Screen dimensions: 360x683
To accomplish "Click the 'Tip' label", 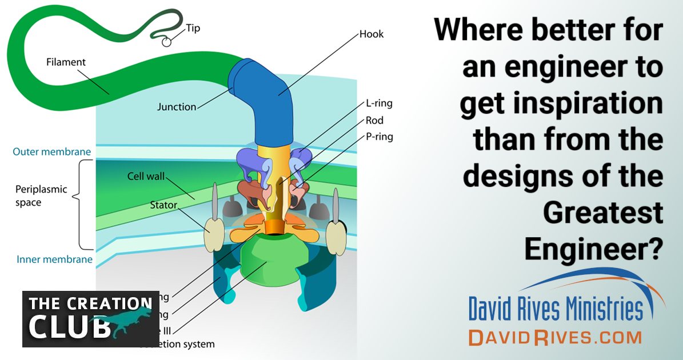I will [x=193, y=28].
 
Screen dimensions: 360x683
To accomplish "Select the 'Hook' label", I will [x=372, y=34].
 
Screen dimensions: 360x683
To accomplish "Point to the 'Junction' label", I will [x=177, y=106].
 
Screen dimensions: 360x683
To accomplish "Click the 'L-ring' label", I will [x=379, y=104].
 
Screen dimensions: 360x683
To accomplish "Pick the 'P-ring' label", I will [x=380, y=137].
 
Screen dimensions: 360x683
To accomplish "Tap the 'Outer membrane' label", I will [x=51, y=152].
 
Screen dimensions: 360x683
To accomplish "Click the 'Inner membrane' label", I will [x=54, y=259].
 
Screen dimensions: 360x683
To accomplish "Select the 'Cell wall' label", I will [x=146, y=177].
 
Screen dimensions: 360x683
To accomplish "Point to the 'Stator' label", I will [x=163, y=204].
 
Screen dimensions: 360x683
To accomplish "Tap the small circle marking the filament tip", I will [x=166, y=41].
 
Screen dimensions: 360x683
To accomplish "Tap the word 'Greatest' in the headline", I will [x=602, y=213].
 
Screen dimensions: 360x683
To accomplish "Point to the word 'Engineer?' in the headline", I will [x=594, y=248].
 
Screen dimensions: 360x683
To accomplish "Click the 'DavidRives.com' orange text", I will [x=554, y=337].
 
